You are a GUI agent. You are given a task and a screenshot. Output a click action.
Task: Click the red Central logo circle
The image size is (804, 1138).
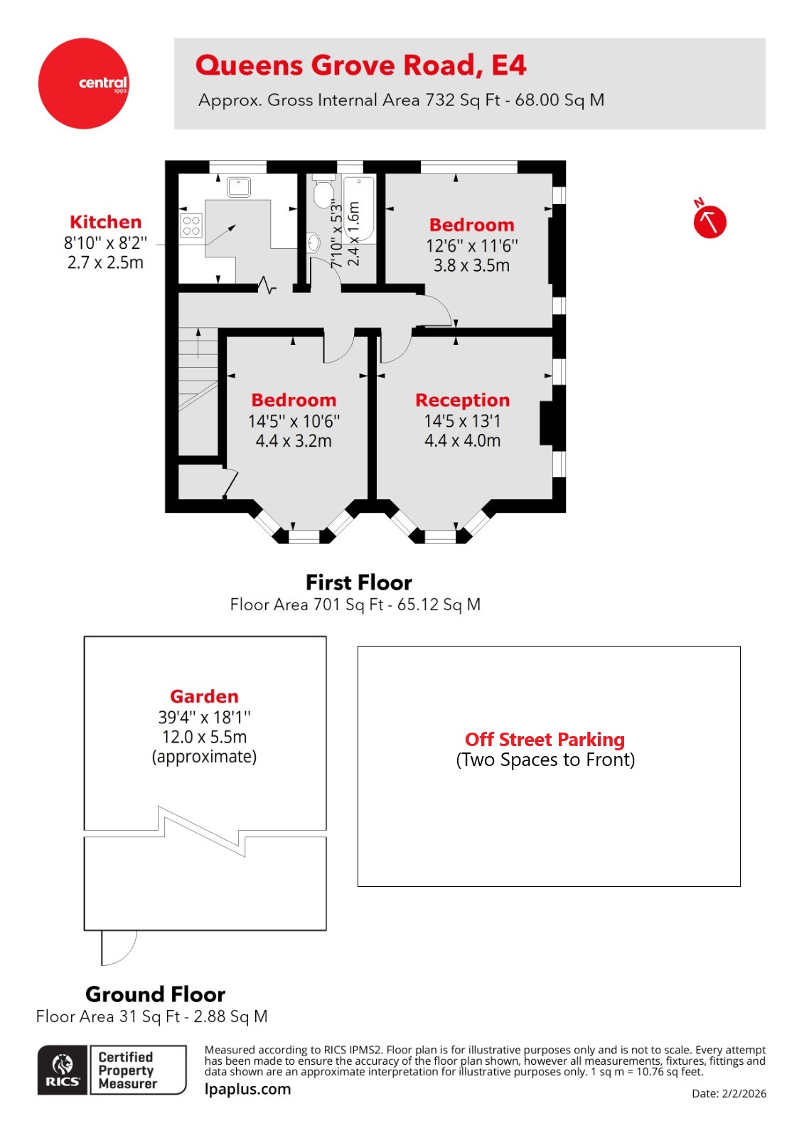[84, 83]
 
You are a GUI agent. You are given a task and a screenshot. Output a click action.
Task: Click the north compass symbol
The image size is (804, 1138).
[709, 221]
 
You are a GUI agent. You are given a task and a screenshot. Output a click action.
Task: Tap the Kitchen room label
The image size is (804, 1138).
[105, 222]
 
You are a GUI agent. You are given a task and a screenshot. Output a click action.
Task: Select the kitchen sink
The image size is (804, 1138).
[239, 187]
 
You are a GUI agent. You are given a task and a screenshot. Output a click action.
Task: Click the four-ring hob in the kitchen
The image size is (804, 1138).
[191, 226]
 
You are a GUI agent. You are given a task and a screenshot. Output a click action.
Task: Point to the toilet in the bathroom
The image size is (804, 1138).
[323, 192]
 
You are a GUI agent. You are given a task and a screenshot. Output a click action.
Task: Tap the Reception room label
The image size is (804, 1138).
[462, 400]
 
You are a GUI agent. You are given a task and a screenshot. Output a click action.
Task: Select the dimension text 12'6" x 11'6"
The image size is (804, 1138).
[471, 246]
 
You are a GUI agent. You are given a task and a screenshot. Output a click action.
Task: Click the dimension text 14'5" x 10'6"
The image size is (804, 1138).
[294, 421]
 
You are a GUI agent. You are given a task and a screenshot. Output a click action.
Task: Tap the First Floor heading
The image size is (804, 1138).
[358, 583]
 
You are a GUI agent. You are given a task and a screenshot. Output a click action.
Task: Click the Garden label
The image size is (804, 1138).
[204, 696]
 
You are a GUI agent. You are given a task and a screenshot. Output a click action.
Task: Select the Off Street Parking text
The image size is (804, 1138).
[545, 740]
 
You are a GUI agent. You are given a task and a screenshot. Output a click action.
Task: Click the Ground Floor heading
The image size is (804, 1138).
[155, 994]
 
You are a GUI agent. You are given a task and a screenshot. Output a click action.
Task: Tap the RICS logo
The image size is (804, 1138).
[63, 1070]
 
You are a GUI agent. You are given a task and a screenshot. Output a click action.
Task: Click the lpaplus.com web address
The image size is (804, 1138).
[247, 1089]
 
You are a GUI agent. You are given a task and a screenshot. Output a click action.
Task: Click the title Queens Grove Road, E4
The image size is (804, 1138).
[360, 65]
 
